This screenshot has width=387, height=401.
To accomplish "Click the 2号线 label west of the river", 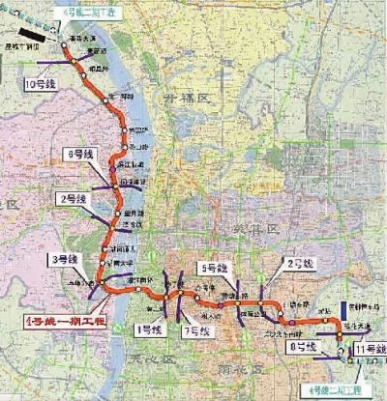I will pos(74,197).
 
